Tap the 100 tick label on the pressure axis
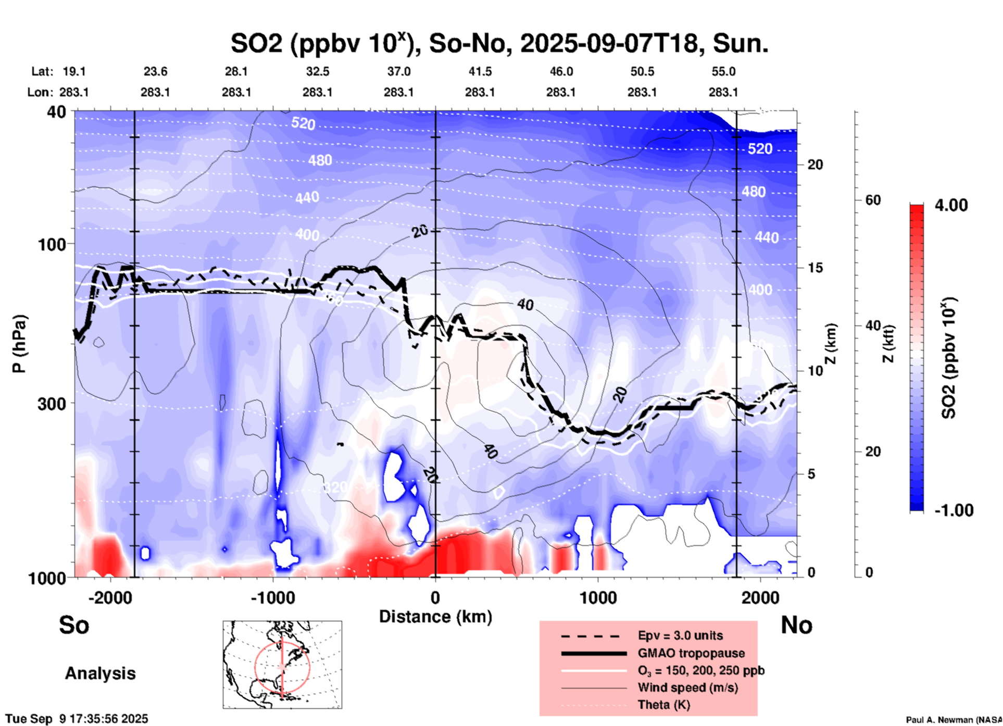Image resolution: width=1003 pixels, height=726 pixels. click(52, 244)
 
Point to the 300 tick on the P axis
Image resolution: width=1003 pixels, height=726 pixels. click(52, 403)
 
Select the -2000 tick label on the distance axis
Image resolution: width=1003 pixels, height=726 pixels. click(110, 598)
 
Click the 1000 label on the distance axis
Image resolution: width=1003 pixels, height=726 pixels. click(598, 598)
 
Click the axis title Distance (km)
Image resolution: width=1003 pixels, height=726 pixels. click(435, 617)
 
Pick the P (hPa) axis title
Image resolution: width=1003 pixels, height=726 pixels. click(19, 344)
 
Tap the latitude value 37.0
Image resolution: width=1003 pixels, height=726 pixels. click(398, 71)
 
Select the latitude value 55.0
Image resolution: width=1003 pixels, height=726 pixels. click(723, 71)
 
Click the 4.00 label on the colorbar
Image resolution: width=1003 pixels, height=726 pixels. click(951, 205)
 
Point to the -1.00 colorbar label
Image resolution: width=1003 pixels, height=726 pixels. click(954, 510)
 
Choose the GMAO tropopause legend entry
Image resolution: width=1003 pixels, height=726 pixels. click(691, 653)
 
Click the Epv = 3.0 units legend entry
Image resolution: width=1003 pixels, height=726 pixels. click(680, 635)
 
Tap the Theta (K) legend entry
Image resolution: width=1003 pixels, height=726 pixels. click(663, 705)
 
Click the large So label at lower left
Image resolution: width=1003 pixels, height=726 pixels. click(74, 625)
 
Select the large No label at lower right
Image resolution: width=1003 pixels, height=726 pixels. click(796, 625)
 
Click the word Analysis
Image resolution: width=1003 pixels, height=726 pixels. click(100, 673)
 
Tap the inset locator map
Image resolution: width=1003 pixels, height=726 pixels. click(282, 664)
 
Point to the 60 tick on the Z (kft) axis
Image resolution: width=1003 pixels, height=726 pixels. click(873, 200)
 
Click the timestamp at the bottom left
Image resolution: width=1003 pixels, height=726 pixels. click(77, 719)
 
